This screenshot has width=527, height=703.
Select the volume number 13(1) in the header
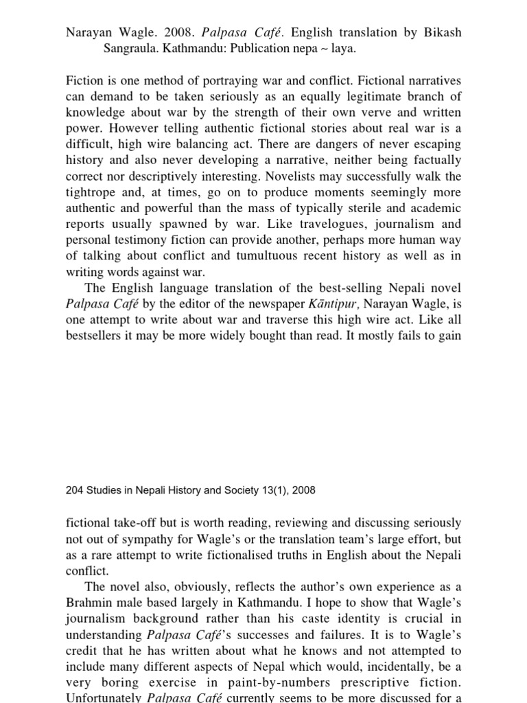pos(273,490)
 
